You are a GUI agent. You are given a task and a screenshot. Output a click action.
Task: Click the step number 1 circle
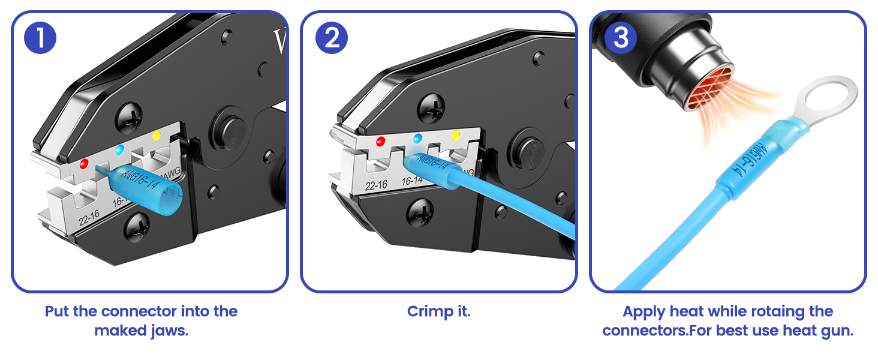40,38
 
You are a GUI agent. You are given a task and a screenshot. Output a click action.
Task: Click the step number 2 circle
330,38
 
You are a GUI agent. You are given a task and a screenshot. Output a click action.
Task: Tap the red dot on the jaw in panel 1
84,163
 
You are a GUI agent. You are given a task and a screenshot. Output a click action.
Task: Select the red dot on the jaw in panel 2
380,142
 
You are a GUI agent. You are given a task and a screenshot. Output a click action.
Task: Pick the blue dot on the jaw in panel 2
419,139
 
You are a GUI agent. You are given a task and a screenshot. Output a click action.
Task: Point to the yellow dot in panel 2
455,135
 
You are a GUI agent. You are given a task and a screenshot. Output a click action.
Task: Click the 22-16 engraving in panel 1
89,220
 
